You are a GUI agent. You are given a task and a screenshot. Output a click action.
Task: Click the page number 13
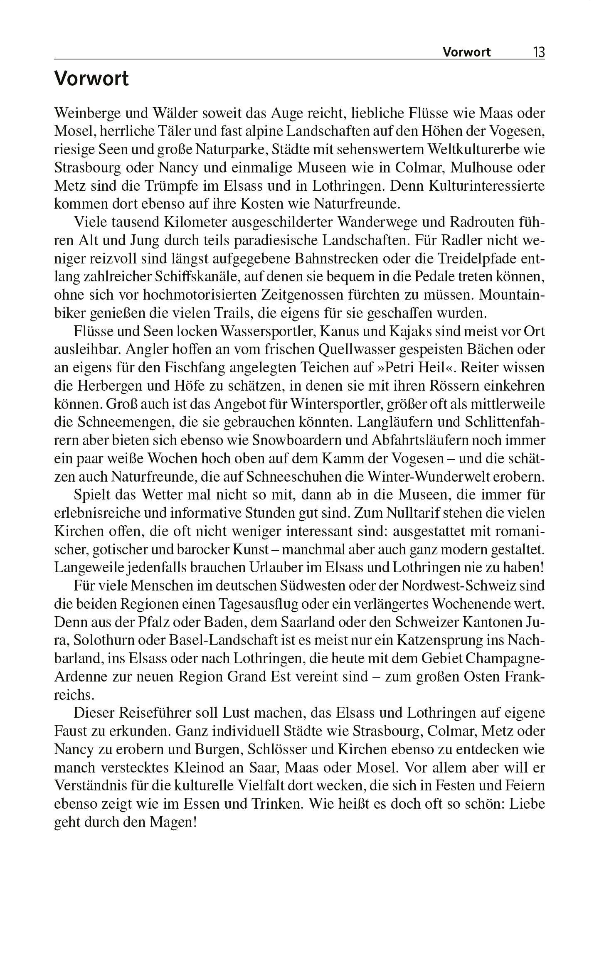tap(539, 52)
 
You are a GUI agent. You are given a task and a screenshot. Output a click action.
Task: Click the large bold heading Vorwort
tap(91, 79)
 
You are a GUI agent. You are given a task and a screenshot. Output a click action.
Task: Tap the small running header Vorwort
tap(466, 52)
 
